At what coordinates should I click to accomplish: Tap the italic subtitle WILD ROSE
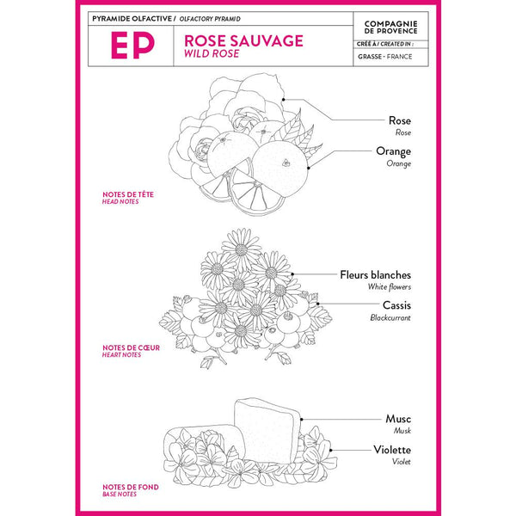(210, 53)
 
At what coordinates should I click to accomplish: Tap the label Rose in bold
(399, 121)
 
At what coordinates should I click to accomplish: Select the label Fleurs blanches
(375, 275)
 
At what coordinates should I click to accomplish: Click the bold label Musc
(398, 419)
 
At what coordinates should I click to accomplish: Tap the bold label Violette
(391, 449)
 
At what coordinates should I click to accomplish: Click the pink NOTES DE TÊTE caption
(128, 194)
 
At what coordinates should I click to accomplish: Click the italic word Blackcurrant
(390, 317)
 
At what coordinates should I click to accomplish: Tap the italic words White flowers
(389, 286)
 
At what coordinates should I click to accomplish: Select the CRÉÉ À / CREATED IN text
(384, 42)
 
